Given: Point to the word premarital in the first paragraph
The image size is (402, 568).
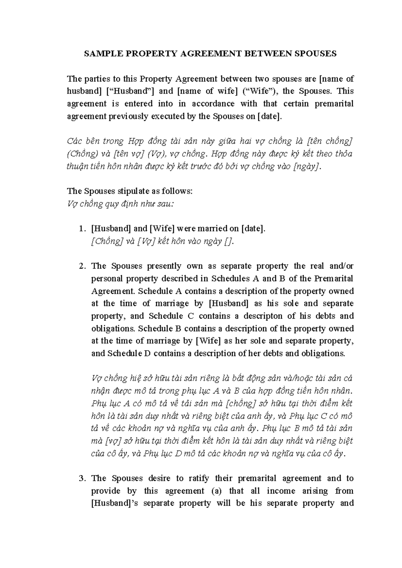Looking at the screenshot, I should pyautogui.click(x=334, y=104).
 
